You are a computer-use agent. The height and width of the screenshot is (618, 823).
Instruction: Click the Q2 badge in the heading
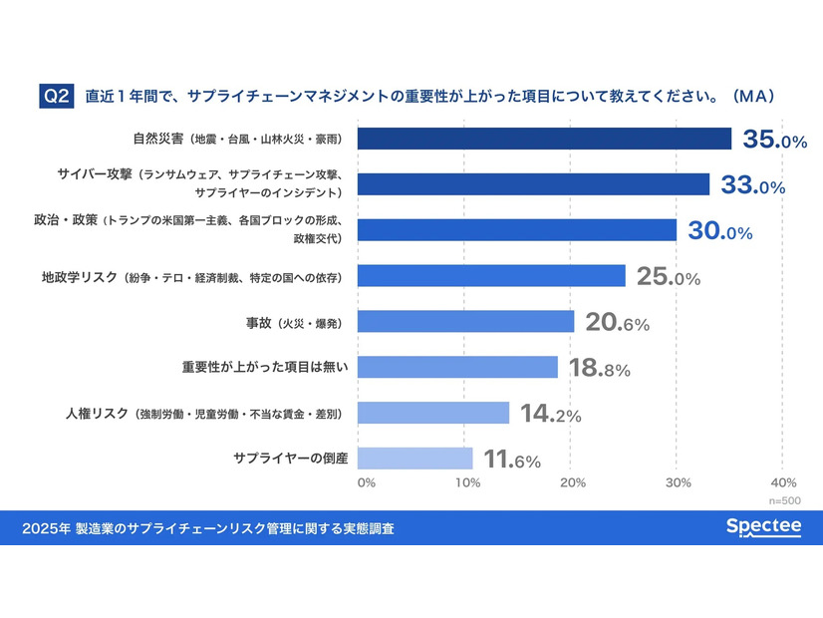(57, 97)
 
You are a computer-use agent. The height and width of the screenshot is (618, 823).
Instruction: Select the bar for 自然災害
(544, 139)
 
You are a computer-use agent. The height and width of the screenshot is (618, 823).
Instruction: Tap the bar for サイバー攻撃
(533, 183)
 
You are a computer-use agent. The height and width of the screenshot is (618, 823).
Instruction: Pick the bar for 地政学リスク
(491, 275)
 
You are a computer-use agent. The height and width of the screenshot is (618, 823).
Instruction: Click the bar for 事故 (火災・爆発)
(465, 321)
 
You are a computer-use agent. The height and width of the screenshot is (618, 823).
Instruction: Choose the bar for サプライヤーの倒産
(414, 459)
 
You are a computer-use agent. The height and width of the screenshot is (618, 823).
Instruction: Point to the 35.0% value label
(774, 141)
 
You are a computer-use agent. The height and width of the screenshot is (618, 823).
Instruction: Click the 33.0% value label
(752, 185)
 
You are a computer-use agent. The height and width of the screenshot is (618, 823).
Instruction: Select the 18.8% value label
(599, 369)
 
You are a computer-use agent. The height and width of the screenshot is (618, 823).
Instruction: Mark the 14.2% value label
(550, 414)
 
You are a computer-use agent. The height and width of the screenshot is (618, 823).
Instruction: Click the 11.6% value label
(512, 460)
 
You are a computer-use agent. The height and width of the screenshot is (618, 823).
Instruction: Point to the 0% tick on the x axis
(366, 483)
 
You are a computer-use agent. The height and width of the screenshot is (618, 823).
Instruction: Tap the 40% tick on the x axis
(782, 483)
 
